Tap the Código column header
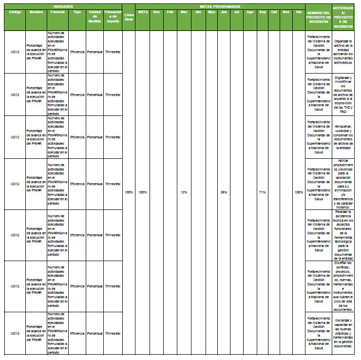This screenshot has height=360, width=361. click(x=15, y=11)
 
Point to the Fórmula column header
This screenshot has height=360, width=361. click(x=57, y=11)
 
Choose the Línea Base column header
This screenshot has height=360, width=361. click(x=128, y=17)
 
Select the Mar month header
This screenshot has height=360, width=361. click(x=184, y=11)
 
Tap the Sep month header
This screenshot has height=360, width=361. click(x=262, y=11)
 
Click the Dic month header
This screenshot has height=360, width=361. click(x=299, y=11)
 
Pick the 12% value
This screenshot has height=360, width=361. click(x=184, y=192)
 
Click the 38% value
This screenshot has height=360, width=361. click(x=224, y=192)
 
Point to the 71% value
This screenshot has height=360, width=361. click(x=262, y=192)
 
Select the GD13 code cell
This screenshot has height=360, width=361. click(x=15, y=333)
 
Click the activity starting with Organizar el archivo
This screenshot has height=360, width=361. click(x=346, y=52)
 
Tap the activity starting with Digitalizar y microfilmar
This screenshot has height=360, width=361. click(x=346, y=95)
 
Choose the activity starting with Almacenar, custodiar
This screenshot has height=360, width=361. click(x=346, y=137)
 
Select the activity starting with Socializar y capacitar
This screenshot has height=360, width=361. click(x=346, y=333)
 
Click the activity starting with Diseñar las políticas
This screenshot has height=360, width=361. click(x=346, y=286)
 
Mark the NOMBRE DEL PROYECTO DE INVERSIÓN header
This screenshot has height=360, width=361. click(x=318, y=17)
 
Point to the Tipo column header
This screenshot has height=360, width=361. click(x=77, y=11)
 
